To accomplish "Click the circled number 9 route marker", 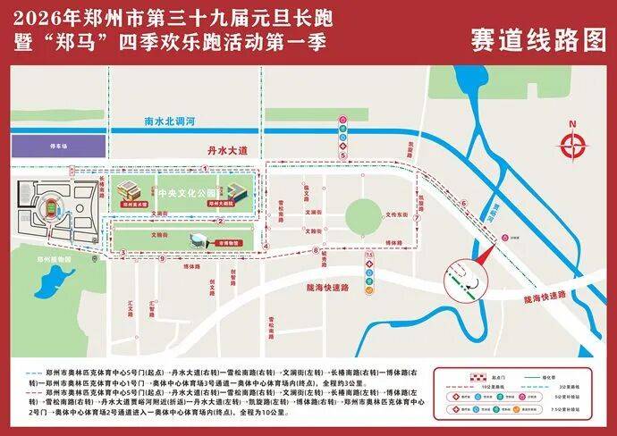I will point(162,259).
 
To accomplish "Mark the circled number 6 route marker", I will point(464,204).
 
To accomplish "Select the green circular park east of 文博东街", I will point(362,214).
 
